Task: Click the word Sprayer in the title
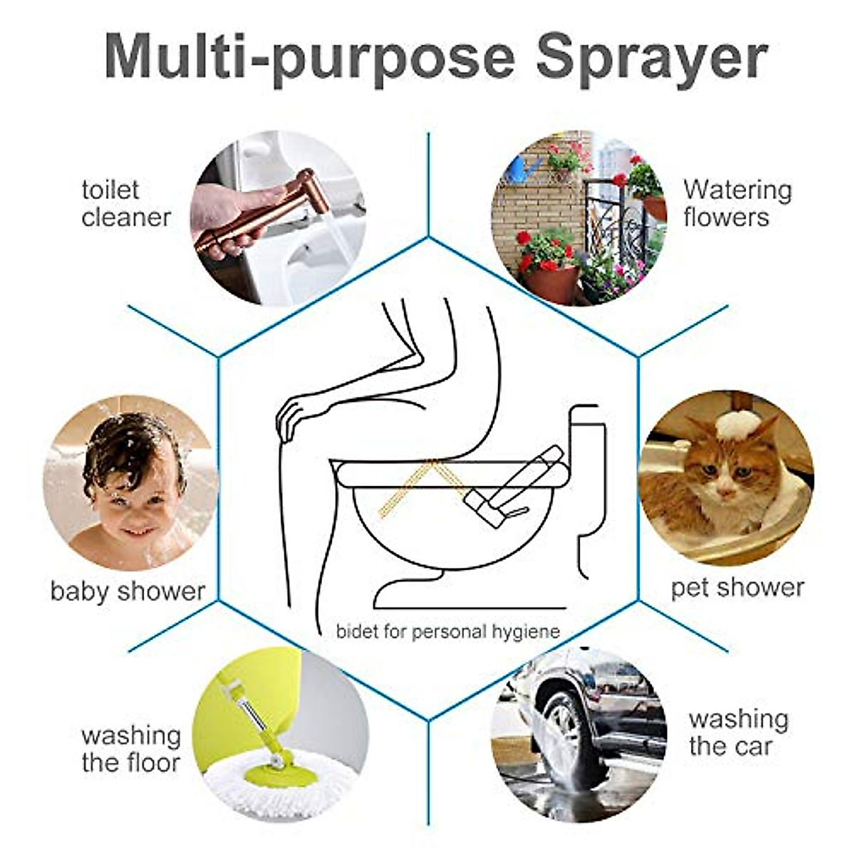[x=651, y=57]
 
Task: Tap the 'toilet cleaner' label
[x=125, y=204]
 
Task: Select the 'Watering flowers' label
[x=737, y=204]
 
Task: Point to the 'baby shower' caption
[x=128, y=591]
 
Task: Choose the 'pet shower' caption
[x=737, y=588]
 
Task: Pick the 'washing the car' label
[x=738, y=732]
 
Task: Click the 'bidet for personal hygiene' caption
[x=447, y=631]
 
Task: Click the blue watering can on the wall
[x=524, y=169]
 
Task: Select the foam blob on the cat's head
[x=736, y=425]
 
